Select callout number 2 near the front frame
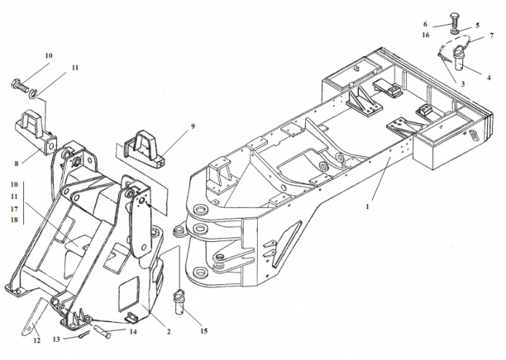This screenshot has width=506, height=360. (168, 331)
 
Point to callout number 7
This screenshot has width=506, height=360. (491, 35)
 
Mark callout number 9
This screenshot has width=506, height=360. (193, 126)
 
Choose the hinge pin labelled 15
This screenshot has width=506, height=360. (181, 300)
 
